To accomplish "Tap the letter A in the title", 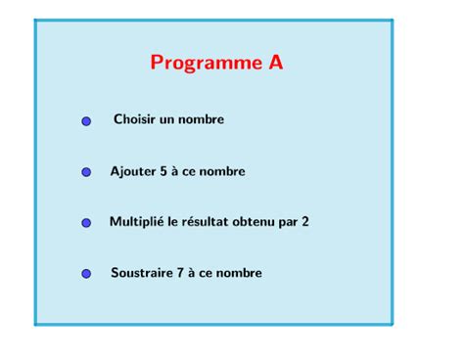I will (276, 63).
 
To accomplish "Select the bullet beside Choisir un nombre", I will (86, 121).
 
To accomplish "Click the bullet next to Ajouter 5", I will (86, 172).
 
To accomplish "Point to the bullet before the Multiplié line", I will (86, 223).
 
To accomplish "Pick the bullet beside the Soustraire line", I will (86, 274).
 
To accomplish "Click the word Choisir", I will (134, 119).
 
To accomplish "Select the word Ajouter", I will (133, 172).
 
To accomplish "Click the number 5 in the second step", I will (164, 171).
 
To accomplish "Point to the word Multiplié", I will (136, 223).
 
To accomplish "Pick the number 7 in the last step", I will (181, 273).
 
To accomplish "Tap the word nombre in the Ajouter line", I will (224, 172).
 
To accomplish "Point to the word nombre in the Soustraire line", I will (241, 274).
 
